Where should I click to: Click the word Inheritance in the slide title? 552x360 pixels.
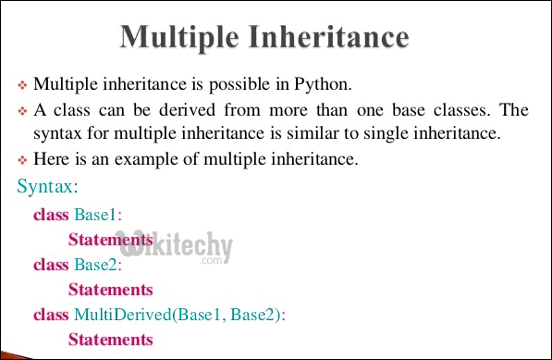pyautogui.click(x=329, y=37)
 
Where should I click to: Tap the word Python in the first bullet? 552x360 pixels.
pyautogui.click(x=323, y=85)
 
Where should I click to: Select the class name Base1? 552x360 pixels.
pyautogui.click(x=98, y=215)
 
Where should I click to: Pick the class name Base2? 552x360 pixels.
pyautogui.click(x=98, y=265)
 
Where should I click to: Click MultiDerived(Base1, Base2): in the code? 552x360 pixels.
pyautogui.click(x=180, y=315)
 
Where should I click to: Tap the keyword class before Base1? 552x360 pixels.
pyautogui.click(x=51, y=215)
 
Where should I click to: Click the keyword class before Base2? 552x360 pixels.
pyautogui.click(x=51, y=265)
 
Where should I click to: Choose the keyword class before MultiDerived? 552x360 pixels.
pyautogui.click(x=51, y=315)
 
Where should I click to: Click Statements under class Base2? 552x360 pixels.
pyautogui.click(x=110, y=290)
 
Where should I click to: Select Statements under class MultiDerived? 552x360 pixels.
pyautogui.click(x=110, y=340)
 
